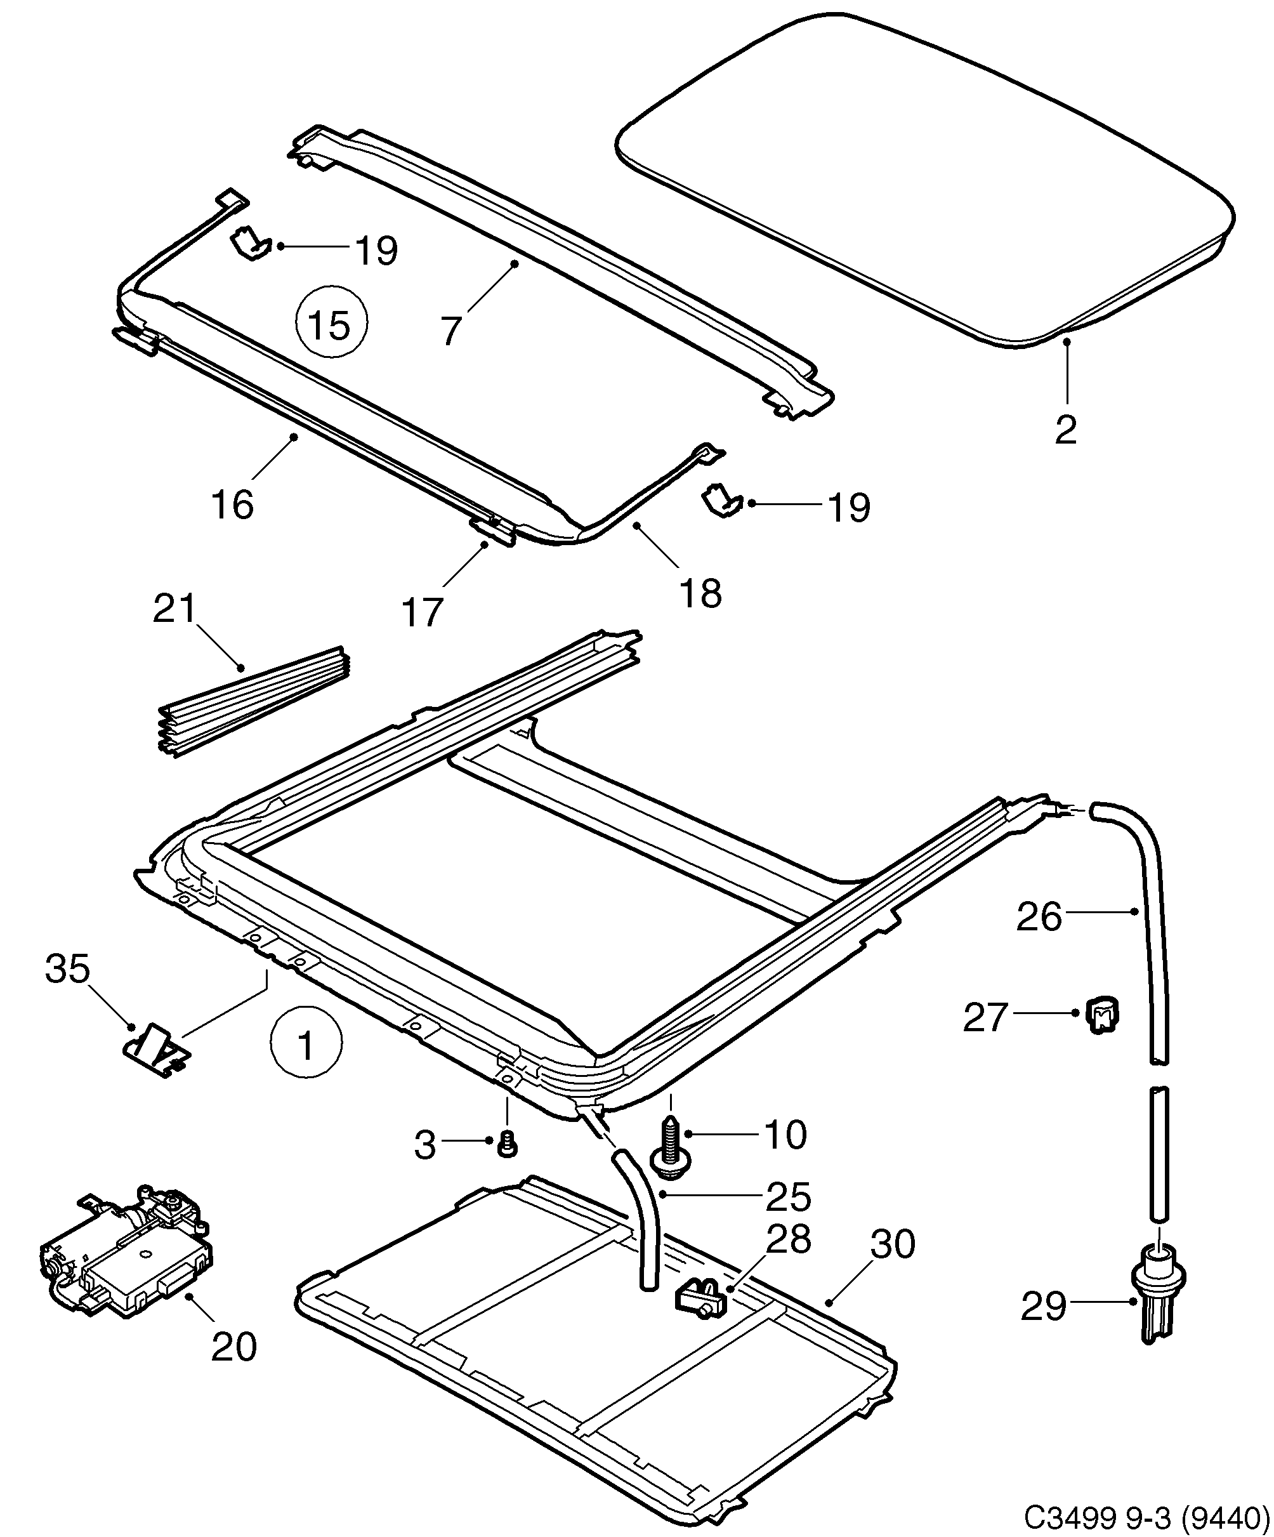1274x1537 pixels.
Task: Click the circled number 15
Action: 331,324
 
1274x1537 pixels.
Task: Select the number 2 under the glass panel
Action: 1066,430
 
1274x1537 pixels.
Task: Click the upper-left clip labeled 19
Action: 250,243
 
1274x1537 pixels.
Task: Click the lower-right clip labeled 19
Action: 721,501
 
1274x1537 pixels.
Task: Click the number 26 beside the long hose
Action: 1039,917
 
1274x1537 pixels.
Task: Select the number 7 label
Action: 450,330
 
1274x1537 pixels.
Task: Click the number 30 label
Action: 893,1244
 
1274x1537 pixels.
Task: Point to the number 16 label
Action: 233,505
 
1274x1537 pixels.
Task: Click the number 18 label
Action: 700,593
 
